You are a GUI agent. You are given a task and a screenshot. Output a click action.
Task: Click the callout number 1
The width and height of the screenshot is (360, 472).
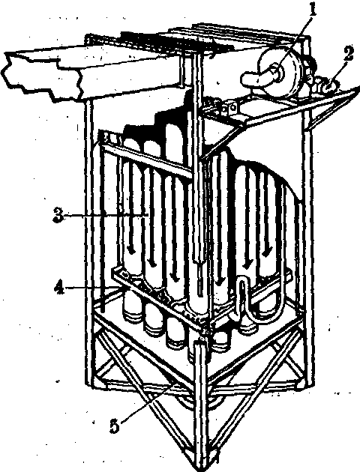(313, 10)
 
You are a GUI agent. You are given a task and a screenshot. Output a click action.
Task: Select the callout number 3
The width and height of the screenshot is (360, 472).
(58, 216)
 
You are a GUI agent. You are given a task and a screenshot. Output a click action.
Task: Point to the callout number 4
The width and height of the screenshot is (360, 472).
(59, 289)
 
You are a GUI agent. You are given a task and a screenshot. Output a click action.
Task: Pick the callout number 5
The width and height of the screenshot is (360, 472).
(114, 426)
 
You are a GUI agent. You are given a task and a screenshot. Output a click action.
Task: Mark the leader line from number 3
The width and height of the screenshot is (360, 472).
(106, 216)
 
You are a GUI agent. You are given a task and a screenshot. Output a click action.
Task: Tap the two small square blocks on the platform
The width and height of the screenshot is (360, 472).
(227, 109)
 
